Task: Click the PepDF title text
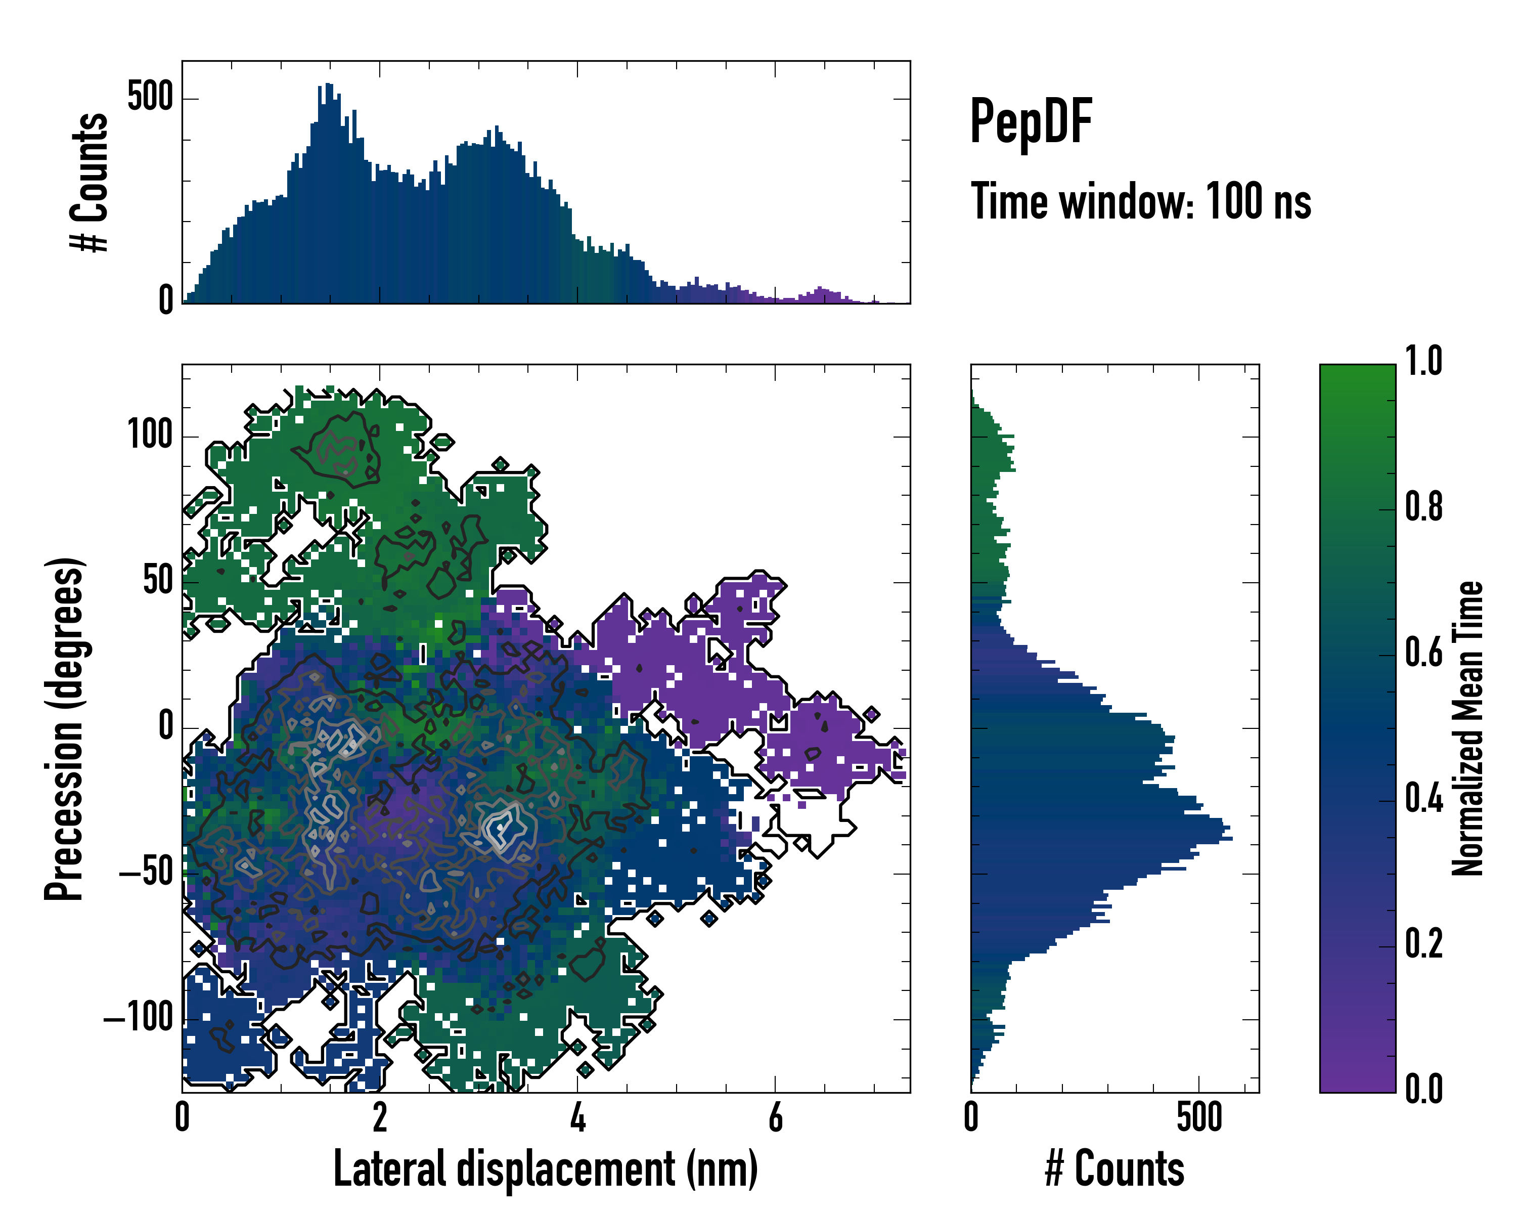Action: (x=1030, y=122)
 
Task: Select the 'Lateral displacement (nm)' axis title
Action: (x=545, y=1169)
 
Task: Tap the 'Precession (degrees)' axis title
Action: (x=65, y=728)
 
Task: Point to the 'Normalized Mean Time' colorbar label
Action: (x=1468, y=728)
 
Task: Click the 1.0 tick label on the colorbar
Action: (x=1423, y=362)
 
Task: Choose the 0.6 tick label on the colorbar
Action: (x=1423, y=653)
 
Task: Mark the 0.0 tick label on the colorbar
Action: (x=1423, y=1090)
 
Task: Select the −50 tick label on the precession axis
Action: (x=146, y=874)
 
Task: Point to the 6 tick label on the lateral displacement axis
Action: (x=775, y=1118)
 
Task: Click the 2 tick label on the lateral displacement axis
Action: (x=380, y=1118)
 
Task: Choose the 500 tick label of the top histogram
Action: (x=150, y=98)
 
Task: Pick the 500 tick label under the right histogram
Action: (x=1199, y=1118)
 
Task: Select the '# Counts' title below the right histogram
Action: (x=1114, y=1169)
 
